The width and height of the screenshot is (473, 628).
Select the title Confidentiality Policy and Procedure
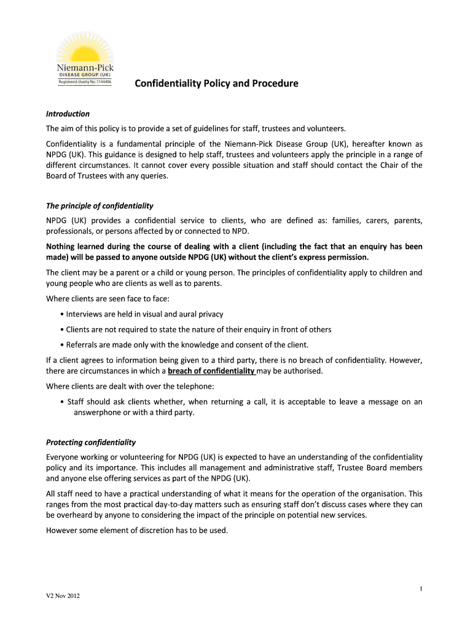tap(216, 83)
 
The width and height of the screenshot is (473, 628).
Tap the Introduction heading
tap(68, 113)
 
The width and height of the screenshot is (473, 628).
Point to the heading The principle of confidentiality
tap(100, 205)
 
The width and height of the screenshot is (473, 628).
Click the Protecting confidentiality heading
tap(91, 442)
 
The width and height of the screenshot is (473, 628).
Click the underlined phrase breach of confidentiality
tap(211, 371)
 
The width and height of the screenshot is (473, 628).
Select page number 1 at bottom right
tap(421, 589)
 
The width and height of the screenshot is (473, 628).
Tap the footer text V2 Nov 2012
tap(63, 595)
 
